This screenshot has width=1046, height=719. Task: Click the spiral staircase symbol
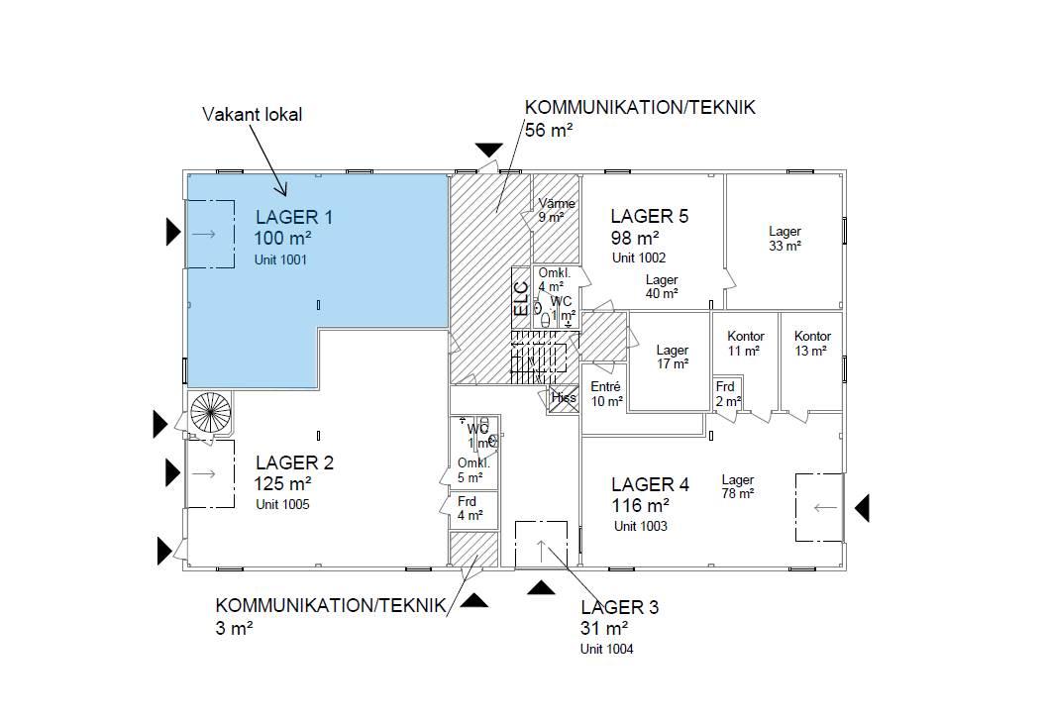[211, 412]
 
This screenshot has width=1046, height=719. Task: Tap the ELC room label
[521, 298]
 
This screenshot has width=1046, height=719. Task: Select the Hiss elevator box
[563, 398]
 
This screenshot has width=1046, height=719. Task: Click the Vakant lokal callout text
[253, 115]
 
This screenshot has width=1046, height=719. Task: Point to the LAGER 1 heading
[294, 217]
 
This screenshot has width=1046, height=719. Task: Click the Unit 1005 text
[283, 505]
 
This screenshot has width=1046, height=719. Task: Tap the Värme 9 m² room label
[557, 210]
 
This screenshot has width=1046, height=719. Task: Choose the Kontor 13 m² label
[812, 344]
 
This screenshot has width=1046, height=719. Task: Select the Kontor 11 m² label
[745, 344]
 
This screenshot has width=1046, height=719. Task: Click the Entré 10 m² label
[606, 394]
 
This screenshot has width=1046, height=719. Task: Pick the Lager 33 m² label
[784, 239]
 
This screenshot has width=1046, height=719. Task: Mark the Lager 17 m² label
[672, 357]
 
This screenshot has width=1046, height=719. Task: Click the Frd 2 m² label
[728, 394]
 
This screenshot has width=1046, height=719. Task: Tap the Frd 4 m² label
[470, 508]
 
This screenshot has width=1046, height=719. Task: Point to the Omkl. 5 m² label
[472, 470]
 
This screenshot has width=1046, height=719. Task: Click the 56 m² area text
[549, 130]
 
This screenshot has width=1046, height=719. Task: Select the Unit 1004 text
[607, 649]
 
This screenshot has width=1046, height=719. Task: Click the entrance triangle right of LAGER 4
[862, 508]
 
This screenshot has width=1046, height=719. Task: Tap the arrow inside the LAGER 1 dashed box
[203, 234]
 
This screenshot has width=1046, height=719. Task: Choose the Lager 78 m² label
[737, 487]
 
